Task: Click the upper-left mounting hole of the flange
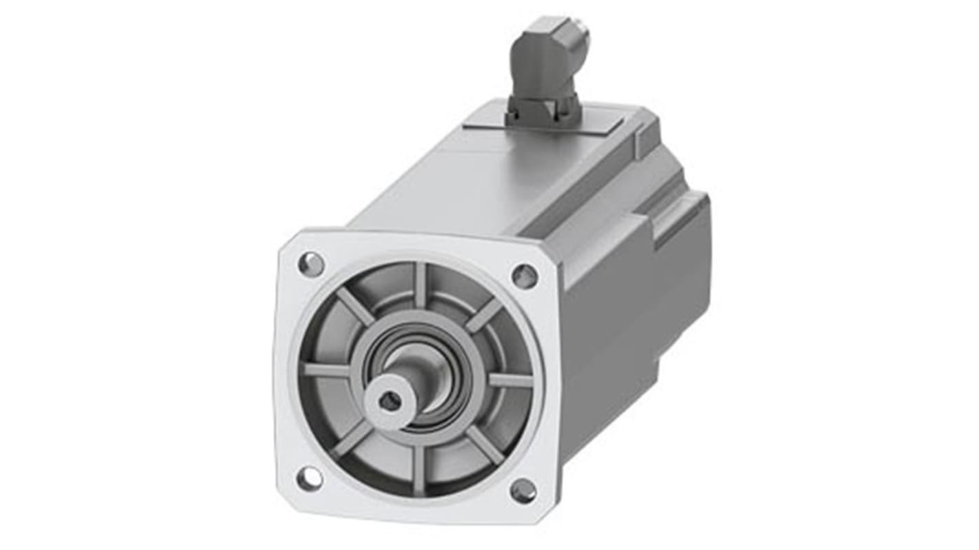click(311, 264)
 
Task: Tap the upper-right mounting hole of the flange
click(525, 276)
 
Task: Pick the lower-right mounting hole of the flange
click(523, 491)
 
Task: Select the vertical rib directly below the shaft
click(418, 469)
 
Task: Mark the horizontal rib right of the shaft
click(510, 380)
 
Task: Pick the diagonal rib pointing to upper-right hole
click(484, 314)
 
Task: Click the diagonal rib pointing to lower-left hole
click(352, 438)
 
